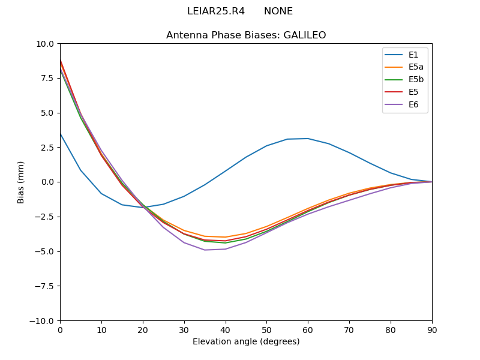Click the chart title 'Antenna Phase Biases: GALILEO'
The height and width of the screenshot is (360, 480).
[x=246, y=35]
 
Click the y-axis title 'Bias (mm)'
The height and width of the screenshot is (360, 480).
[x=21, y=182]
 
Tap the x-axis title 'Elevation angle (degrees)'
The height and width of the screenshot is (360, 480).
[x=246, y=341]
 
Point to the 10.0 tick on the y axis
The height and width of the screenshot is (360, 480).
[x=46, y=44]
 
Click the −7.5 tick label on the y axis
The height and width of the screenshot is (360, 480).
[x=44, y=286]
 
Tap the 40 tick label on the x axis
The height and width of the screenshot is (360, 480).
[x=226, y=329]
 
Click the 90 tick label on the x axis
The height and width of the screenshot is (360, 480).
[x=432, y=329]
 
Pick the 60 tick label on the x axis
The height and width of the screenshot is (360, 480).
[x=308, y=329]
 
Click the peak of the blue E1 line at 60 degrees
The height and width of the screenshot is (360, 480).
[x=308, y=139]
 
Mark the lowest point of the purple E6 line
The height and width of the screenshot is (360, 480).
[x=205, y=250]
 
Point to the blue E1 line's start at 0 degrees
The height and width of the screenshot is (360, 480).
[x=60, y=133]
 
